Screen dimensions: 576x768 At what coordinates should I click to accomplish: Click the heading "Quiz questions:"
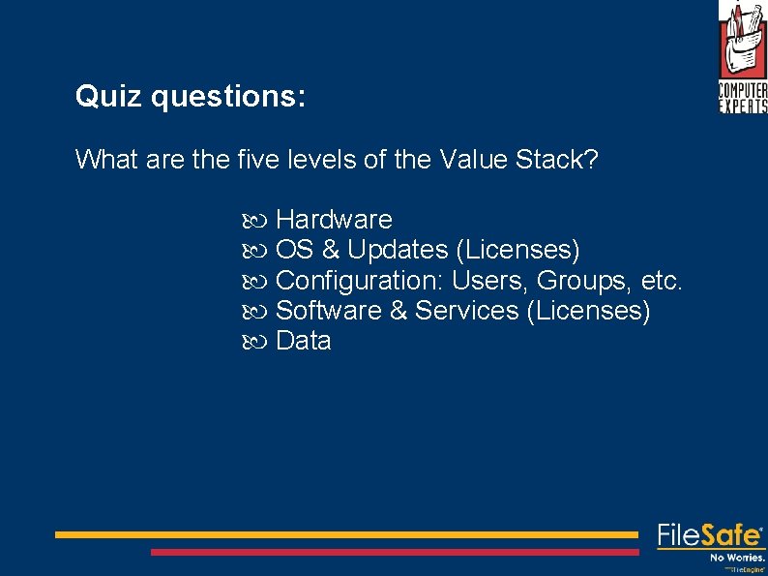coord(191,97)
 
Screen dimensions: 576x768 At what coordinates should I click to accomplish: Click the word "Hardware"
coord(334,220)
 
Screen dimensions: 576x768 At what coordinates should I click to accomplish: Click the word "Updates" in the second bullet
coord(397,250)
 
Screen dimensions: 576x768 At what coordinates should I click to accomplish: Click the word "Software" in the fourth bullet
coord(329,311)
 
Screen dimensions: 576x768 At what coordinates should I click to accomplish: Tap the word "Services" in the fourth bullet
coord(467,311)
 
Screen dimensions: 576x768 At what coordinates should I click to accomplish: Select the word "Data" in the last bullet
coord(304,341)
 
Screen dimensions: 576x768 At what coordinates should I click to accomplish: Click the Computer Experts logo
coord(742,56)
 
